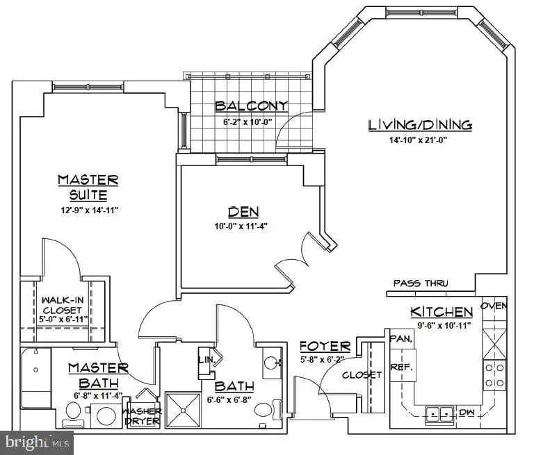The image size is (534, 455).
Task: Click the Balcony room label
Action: click(251, 106)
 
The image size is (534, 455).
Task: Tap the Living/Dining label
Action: click(420, 125)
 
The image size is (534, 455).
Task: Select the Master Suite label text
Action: click(88, 187)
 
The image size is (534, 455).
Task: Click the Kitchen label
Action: click(442, 311)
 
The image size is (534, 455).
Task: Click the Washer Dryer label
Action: click(143, 415)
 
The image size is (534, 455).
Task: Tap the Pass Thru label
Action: click(421, 283)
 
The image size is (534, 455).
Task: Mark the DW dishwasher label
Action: click(467, 413)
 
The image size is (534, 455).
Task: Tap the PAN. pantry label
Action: click(402, 339)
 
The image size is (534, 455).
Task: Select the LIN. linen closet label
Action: click(207, 359)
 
